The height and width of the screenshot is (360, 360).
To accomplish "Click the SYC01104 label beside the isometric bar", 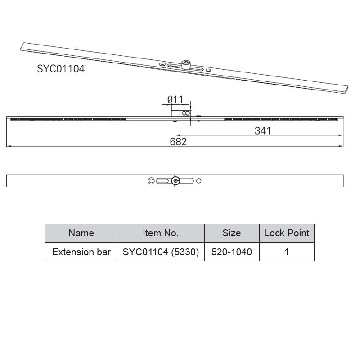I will click(61, 69).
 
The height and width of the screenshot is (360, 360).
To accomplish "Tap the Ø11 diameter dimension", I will click(175, 99).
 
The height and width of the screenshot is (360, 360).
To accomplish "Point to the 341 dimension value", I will click(262, 130).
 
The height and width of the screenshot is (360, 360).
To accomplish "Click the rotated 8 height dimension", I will click(186, 113).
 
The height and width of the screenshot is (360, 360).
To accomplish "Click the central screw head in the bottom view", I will click(175, 181).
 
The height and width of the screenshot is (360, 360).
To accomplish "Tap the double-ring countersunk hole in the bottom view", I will click(151, 181).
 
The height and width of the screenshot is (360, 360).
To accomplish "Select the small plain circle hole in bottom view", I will click(199, 181).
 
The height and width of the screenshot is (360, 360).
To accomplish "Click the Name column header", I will click(81, 233).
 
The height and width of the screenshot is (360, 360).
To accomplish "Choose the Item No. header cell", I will click(161, 233).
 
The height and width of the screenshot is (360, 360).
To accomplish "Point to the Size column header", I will click(231, 233).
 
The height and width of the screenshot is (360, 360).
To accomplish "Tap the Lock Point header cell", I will click(287, 233).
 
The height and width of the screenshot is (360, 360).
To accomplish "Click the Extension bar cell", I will click(81, 252).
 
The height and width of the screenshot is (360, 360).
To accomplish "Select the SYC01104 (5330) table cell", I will click(161, 252).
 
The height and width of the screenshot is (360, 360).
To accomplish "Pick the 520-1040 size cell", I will click(231, 252).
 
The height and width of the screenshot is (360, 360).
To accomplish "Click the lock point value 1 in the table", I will click(287, 252).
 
